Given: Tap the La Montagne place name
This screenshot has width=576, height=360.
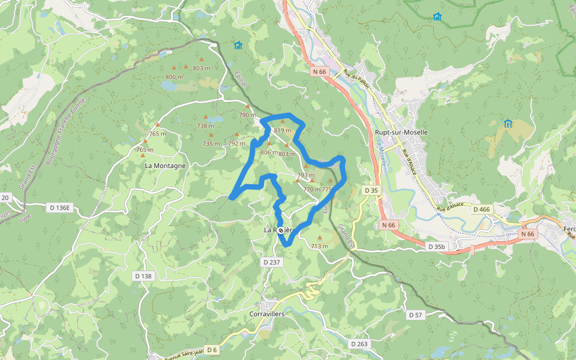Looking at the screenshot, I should pos(166,165).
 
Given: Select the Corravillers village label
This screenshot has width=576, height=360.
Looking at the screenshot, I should pos(266,314).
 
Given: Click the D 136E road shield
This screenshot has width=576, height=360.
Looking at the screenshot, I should pos(59,208).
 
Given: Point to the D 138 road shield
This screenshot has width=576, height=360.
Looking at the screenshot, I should pos(143,275).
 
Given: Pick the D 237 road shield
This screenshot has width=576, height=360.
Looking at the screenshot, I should pos(272,262).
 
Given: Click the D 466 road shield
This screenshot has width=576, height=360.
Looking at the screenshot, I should pos(482,209).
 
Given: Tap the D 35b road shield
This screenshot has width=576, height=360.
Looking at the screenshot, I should pos(437,247).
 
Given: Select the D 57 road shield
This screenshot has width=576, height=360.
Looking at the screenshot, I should pos(416,314).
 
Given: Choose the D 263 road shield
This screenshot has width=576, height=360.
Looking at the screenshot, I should pos(358,344).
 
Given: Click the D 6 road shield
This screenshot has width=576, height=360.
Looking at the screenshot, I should pos(212,350).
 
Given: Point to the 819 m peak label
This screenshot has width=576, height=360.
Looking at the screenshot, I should pos(282,130).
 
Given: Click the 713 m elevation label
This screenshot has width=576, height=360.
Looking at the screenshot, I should pos(319,246).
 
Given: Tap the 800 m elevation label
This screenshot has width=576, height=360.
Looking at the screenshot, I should pos(174,77).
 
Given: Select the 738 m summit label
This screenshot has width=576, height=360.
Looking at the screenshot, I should pos(205,125).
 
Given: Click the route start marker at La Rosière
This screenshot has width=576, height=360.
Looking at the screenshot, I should pos(281,230).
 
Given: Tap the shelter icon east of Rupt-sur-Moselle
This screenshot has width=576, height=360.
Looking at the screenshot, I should pos(508,124).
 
